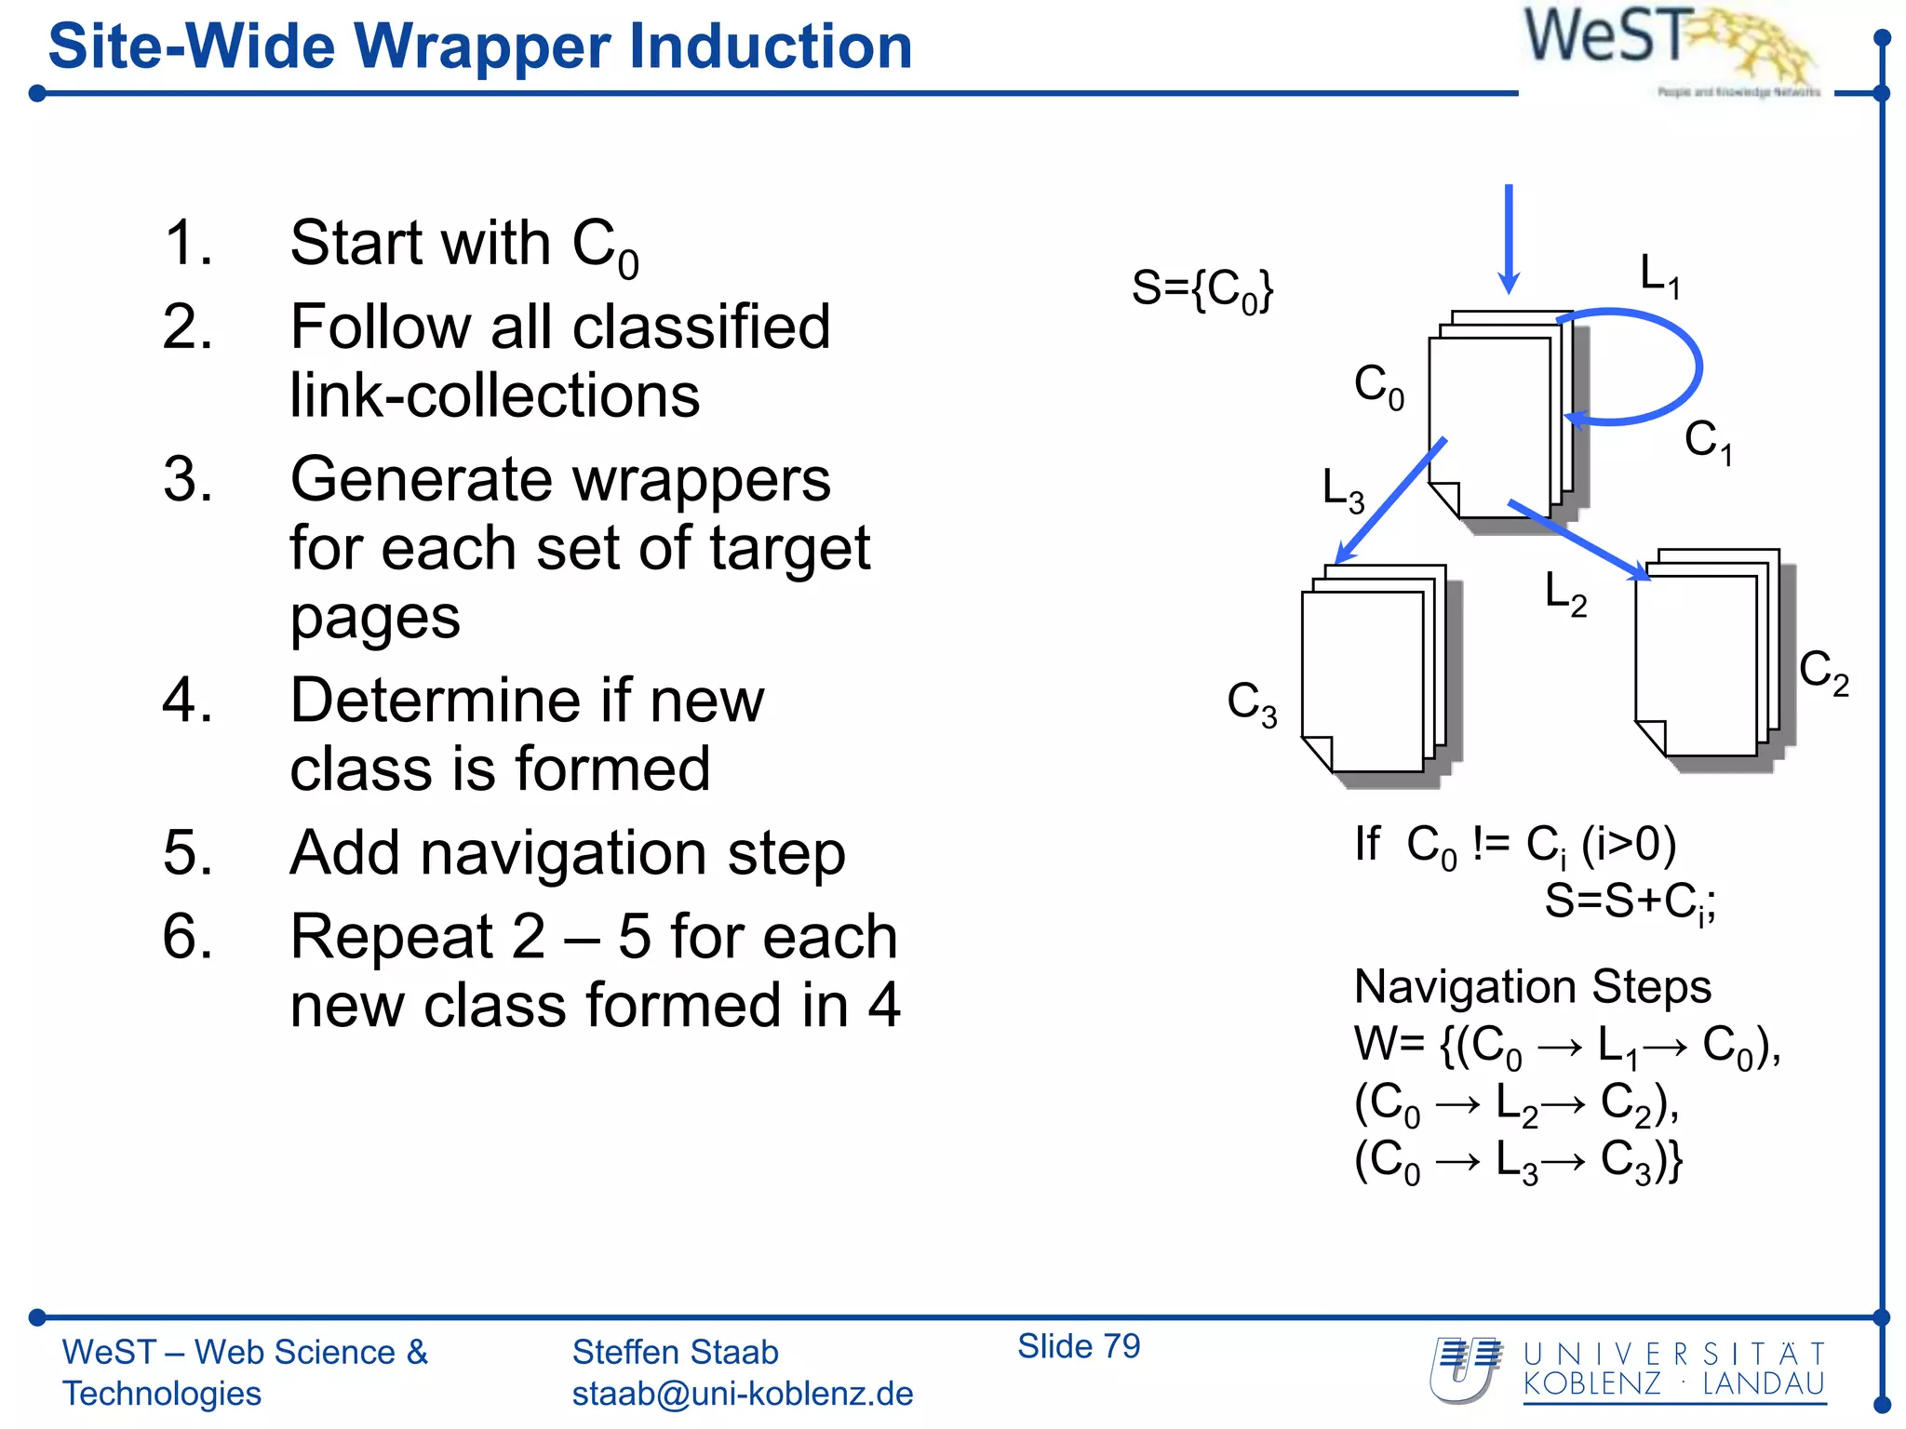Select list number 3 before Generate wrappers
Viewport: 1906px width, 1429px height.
click(x=187, y=480)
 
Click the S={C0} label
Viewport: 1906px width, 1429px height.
click(x=1201, y=289)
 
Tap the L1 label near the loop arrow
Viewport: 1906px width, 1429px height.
click(x=1659, y=276)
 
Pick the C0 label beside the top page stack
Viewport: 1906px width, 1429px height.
click(x=1378, y=386)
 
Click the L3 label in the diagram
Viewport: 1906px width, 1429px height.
click(x=1343, y=490)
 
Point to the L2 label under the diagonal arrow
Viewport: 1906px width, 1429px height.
click(x=1565, y=594)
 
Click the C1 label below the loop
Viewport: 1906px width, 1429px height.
click(x=1708, y=441)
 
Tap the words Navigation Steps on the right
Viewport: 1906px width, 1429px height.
click(x=1532, y=986)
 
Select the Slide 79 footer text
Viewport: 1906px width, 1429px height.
click(x=1078, y=1346)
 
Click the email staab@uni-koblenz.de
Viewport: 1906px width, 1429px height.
click(x=742, y=1394)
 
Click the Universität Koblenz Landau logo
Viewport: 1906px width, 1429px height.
click(x=1629, y=1370)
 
